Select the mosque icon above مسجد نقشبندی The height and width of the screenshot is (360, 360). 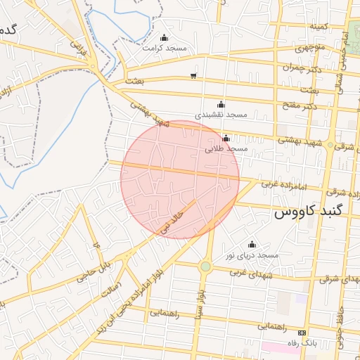point(221,103)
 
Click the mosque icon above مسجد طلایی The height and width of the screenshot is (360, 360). point(226,139)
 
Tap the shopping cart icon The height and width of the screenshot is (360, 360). point(193,75)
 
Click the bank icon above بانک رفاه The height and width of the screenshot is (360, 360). point(302,332)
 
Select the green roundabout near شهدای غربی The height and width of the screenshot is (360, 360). point(205,266)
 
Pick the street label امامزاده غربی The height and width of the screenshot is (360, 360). point(281,185)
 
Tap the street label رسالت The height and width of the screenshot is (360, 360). point(112,290)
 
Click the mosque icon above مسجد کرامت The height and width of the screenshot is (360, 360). point(164,38)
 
